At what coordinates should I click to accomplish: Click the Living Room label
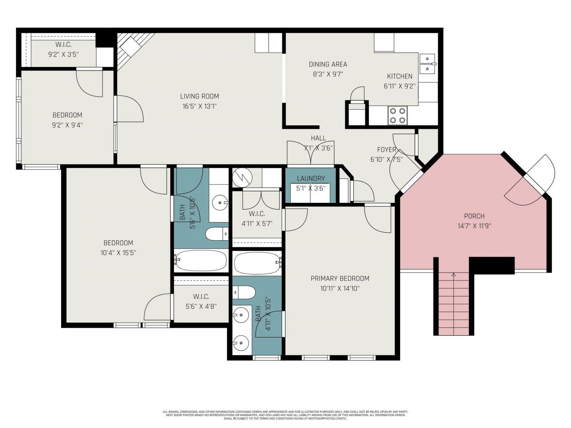[199, 96]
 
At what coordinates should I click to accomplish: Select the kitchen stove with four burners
[397, 115]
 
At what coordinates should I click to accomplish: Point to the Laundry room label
[310, 178]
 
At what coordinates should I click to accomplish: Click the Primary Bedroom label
[340, 278]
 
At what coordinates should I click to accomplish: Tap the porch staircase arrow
[454, 275]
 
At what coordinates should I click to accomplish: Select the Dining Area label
[328, 64]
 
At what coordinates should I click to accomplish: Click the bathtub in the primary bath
[256, 263]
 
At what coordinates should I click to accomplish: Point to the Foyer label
[386, 149]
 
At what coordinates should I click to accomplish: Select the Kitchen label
[399, 76]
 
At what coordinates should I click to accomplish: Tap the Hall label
[319, 138]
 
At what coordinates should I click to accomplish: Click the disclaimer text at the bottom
[285, 415]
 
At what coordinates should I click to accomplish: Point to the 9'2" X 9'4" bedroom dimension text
[67, 125]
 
